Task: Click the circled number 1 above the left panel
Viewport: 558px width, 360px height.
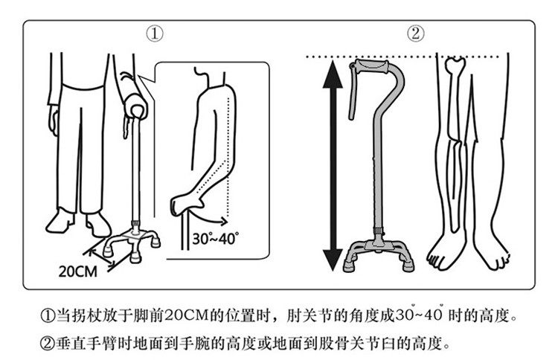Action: [x=155, y=33]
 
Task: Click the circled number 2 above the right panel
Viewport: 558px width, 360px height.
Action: [x=416, y=33]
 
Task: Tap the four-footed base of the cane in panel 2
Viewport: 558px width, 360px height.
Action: [x=377, y=254]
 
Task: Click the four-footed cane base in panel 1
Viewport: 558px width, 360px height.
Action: [x=133, y=241]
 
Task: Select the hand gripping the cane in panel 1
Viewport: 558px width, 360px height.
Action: [x=136, y=110]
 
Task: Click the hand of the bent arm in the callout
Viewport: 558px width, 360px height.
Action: [x=181, y=203]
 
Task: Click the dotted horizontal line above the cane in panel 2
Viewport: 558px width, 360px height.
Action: [x=417, y=55]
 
